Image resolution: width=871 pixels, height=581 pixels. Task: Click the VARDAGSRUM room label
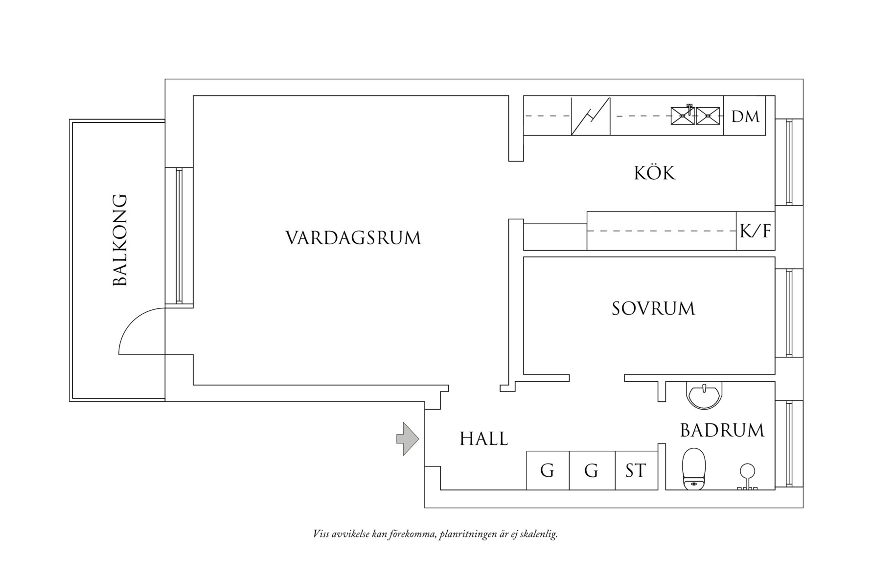(x=353, y=238)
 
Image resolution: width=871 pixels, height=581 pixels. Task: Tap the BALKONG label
(x=120, y=240)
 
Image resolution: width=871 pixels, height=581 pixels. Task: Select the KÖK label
(x=655, y=173)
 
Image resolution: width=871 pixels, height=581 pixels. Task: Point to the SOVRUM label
(x=653, y=308)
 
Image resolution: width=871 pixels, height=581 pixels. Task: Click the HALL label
(x=484, y=439)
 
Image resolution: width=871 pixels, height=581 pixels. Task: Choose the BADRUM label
(x=722, y=430)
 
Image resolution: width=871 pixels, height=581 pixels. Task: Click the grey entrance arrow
(x=408, y=439)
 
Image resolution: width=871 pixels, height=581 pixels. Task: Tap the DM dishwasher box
(x=745, y=116)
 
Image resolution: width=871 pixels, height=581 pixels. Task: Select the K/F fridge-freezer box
(x=756, y=231)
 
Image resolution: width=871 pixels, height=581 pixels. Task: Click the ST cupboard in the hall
(x=636, y=470)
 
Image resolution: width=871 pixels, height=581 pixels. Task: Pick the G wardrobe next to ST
(x=592, y=470)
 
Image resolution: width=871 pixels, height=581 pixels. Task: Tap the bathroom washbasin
(x=704, y=395)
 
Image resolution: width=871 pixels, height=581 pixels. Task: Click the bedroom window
(x=789, y=313)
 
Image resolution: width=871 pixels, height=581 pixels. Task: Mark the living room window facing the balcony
(x=179, y=236)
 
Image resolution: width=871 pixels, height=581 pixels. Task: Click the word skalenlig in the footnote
(x=539, y=534)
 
